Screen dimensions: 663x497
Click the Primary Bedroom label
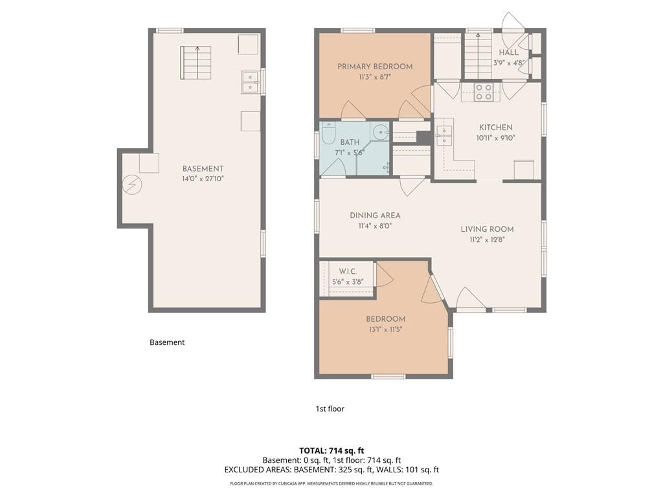tap(375, 67)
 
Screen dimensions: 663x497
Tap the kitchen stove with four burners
tap(484, 92)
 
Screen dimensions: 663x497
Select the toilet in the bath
tap(328, 133)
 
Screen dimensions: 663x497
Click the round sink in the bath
tap(381, 132)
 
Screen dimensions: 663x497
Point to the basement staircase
tap(196, 63)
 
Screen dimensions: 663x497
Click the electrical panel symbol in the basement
tap(132, 184)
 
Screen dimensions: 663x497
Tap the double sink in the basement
tap(251, 82)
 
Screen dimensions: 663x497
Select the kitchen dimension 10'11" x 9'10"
tap(495, 138)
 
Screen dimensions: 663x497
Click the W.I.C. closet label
tap(348, 271)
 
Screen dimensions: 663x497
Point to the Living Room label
tap(487, 229)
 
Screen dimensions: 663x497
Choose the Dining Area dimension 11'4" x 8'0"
tap(375, 226)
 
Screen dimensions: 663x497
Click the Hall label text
tap(509, 52)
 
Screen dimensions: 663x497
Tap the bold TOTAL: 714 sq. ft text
tap(331, 450)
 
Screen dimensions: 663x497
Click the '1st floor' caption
tap(330, 409)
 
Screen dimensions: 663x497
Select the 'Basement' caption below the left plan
tap(167, 342)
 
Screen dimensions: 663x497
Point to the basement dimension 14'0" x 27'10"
tap(203, 179)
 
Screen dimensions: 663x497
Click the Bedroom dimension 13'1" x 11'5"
tap(386, 329)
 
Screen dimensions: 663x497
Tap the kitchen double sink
tap(444, 136)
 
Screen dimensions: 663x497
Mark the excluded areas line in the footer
tap(331, 470)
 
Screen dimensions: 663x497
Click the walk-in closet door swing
tap(385, 274)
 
